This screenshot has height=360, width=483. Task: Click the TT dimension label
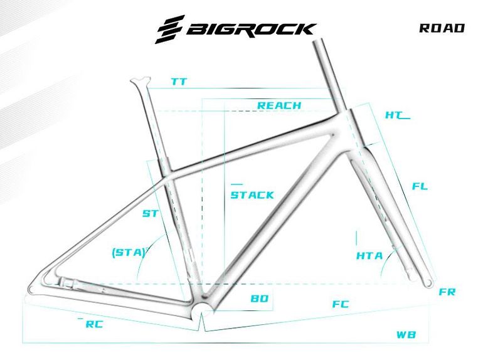click(179, 82)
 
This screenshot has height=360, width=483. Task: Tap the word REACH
click(279, 105)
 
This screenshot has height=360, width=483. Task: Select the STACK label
click(252, 195)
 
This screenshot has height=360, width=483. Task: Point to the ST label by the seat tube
click(150, 214)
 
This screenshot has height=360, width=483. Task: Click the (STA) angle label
click(128, 252)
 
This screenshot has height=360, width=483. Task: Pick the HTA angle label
click(369, 256)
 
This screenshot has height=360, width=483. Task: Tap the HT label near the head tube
click(393, 115)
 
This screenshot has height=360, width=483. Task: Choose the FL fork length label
click(420, 186)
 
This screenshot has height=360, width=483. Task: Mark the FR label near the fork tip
click(447, 292)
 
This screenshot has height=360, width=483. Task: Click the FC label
click(341, 304)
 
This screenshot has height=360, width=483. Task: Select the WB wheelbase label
click(406, 334)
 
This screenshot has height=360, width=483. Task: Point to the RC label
click(94, 324)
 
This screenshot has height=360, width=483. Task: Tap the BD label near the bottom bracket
click(259, 299)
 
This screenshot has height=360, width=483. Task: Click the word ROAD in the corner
click(442, 28)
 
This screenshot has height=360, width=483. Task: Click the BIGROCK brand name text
click(251, 29)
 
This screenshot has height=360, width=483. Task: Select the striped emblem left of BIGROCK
click(171, 29)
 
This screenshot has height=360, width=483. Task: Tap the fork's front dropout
click(429, 282)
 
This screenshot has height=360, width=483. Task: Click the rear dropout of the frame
click(33, 289)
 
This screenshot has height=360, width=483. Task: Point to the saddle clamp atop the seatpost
click(140, 81)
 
